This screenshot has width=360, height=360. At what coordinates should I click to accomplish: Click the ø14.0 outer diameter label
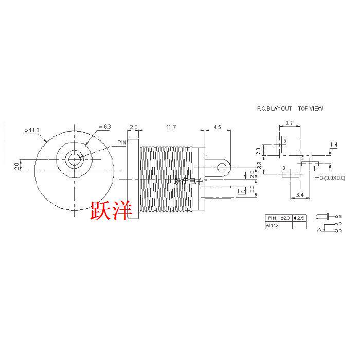(32, 131)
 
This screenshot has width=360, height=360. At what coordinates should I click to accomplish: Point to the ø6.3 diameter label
(104, 127)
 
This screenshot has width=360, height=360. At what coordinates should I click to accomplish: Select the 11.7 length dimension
(169, 127)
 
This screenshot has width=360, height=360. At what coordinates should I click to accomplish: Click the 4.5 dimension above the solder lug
(217, 127)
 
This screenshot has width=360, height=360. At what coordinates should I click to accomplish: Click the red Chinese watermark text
(112, 209)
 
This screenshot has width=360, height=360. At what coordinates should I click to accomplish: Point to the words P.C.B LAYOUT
(275, 109)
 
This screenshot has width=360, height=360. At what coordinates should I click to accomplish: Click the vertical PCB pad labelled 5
(279, 145)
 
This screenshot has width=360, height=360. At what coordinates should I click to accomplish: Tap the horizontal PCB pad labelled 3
(291, 174)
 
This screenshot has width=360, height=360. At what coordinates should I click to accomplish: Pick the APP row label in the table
(271, 225)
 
